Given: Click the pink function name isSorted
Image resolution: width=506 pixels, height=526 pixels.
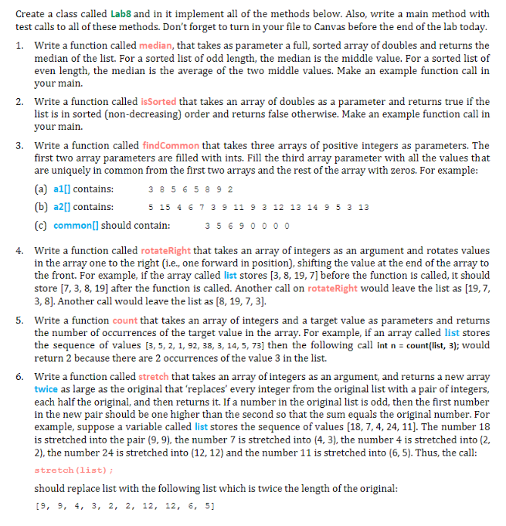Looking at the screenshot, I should [x=158, y=102].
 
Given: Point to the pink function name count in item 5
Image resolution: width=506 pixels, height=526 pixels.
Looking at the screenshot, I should [x=127, y=321].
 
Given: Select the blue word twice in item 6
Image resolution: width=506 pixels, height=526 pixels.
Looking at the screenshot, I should [x=46, y=389].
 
